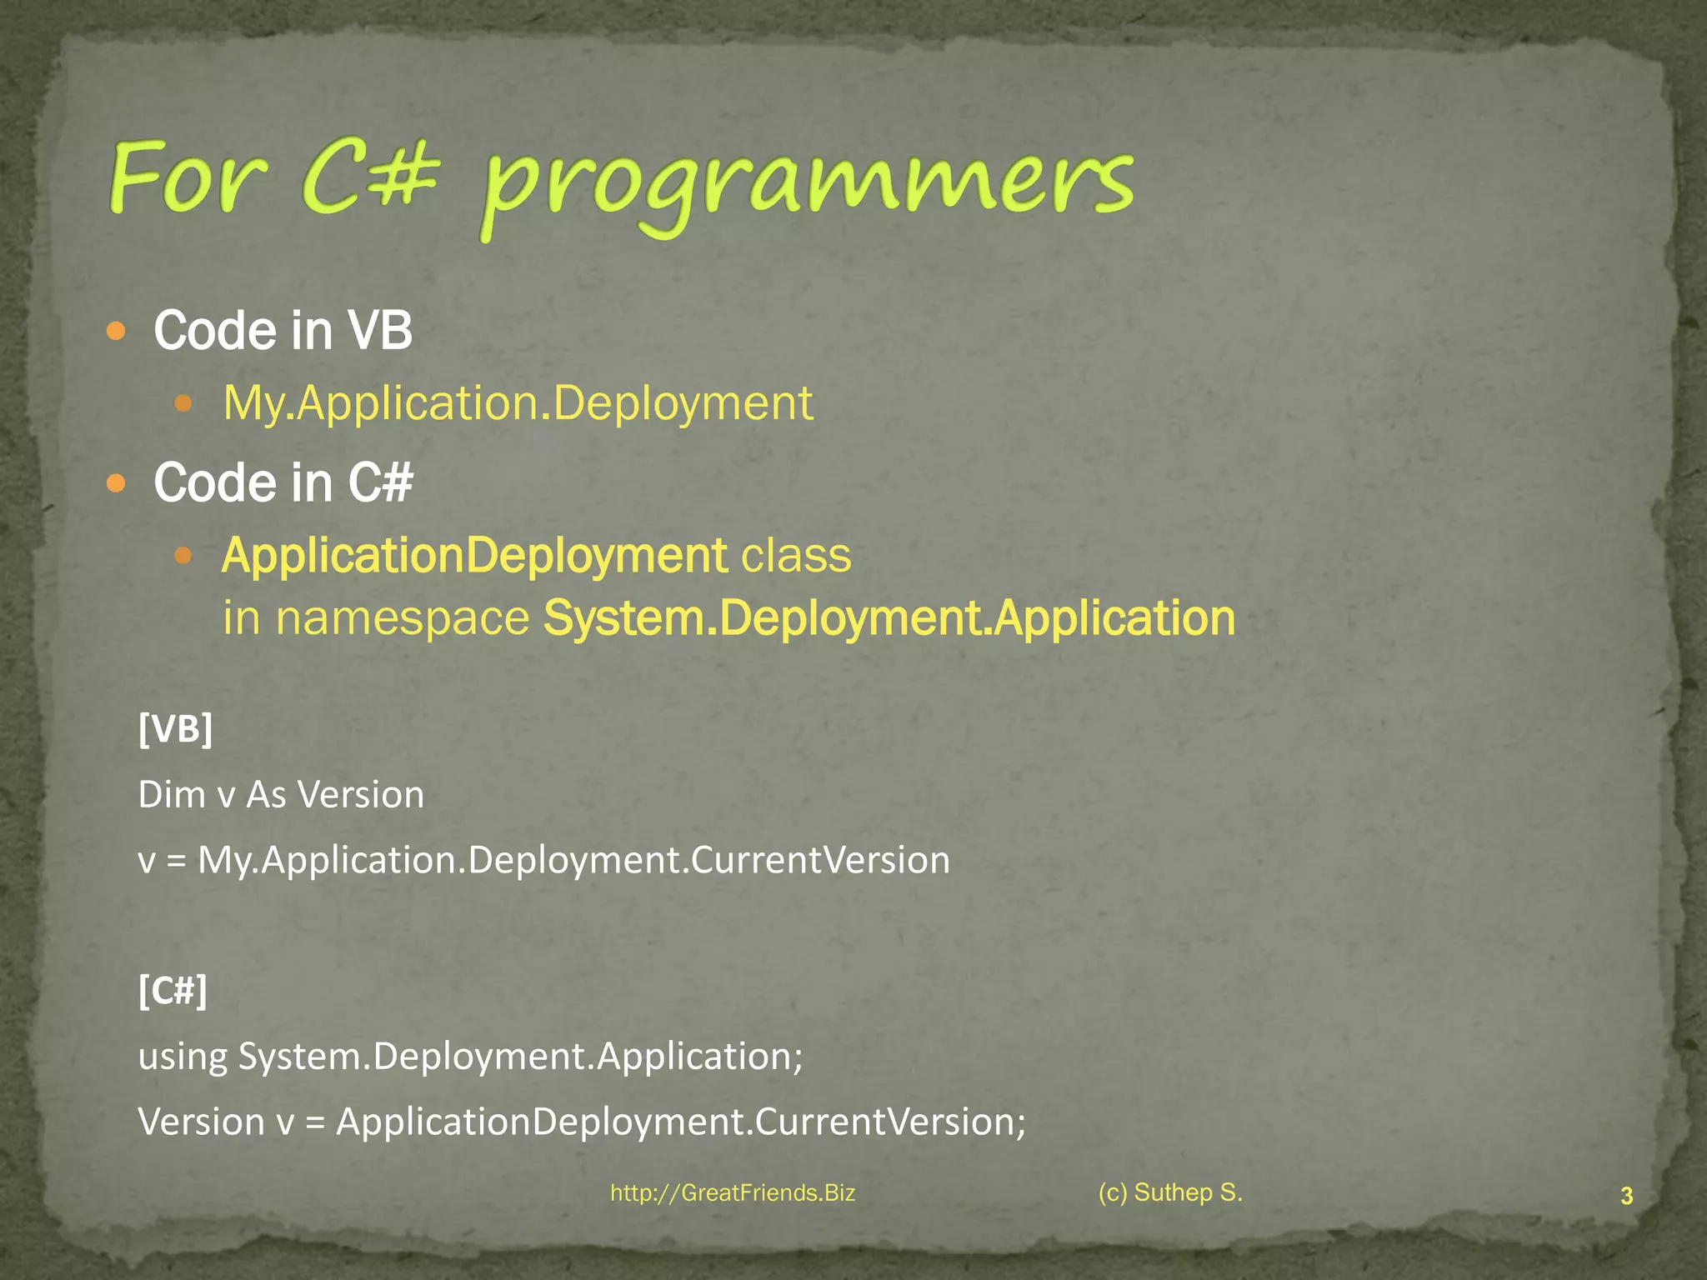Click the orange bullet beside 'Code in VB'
point(117,332)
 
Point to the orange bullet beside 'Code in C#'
point(117,483)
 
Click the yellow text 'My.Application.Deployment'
point(518,403)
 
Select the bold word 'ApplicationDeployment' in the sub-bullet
point(474,556)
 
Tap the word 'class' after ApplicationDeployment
point(797,556)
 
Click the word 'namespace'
point(402,618)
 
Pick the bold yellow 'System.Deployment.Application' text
point(889,618)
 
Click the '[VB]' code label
point(176,729)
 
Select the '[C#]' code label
point(173,991)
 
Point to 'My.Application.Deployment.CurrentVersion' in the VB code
point(573,860)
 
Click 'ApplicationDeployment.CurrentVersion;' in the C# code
point(681,1122)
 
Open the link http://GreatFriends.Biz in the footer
point(733,1193)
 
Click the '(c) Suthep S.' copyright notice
point(1170,1192)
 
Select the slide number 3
point(1626,1197)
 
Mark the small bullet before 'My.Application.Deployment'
point(183,405)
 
